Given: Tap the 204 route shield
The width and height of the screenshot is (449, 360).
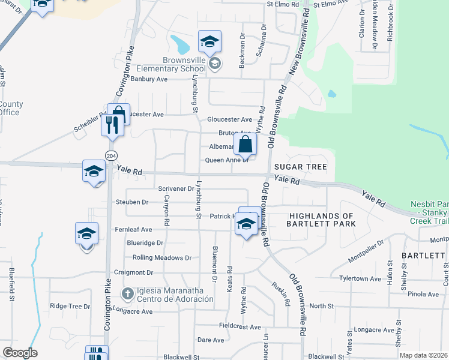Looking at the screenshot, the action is coord(110,155).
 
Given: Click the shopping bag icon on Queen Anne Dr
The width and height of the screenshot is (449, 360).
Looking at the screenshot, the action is coord(246,145).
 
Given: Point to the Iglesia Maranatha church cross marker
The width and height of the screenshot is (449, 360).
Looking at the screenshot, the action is coord(127,293).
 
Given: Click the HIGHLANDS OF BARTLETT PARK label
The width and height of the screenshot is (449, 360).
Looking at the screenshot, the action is coord(322,220).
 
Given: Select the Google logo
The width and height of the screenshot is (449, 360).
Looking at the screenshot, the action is coord(20,352).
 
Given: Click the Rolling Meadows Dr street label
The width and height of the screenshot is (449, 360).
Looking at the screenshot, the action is coord(161,257).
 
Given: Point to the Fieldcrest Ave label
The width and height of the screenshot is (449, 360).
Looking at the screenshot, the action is coord(240,327).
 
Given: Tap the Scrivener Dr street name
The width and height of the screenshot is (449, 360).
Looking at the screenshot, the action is coord(176,188).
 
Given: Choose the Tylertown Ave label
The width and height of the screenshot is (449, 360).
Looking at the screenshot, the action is coord(360,279).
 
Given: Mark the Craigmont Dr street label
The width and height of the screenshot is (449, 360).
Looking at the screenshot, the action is coord(135,272).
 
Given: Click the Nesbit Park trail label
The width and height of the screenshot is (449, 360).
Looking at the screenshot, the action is coord(429,212).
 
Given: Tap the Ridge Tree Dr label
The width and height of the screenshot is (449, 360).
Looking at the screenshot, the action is coord(70,306).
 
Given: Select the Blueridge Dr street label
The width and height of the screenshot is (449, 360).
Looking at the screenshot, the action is coord(145,243).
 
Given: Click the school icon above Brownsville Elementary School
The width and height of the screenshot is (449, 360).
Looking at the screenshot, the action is coord(209,42).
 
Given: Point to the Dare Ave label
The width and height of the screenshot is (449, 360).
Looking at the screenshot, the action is coord(211,340).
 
